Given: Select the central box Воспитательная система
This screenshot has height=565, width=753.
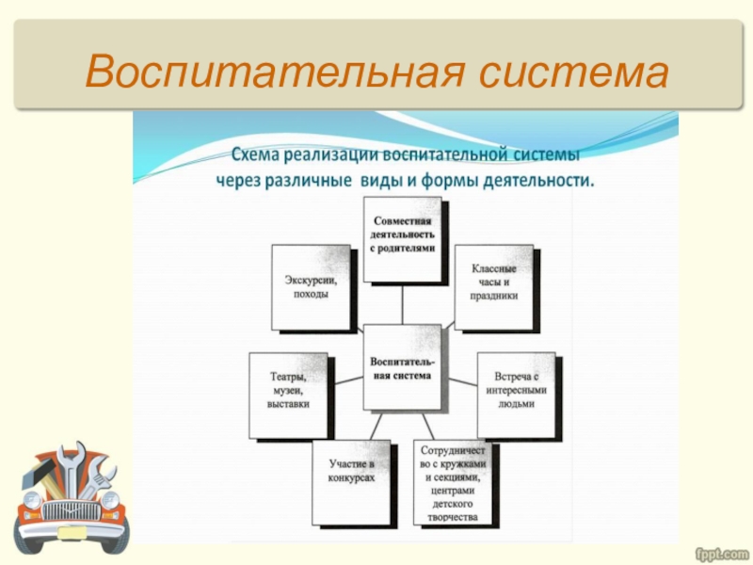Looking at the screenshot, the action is [x=401, y=368].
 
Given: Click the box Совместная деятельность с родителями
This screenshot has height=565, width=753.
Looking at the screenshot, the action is [x=402, y=235].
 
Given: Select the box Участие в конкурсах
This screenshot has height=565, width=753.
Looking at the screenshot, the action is [x=351, y=480].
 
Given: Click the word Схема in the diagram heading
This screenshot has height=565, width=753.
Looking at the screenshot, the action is [x=255, y=152].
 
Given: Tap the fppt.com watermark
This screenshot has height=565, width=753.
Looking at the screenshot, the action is [x=720, y=550].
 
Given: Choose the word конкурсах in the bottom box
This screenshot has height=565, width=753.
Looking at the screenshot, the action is [x=351, y=478].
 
